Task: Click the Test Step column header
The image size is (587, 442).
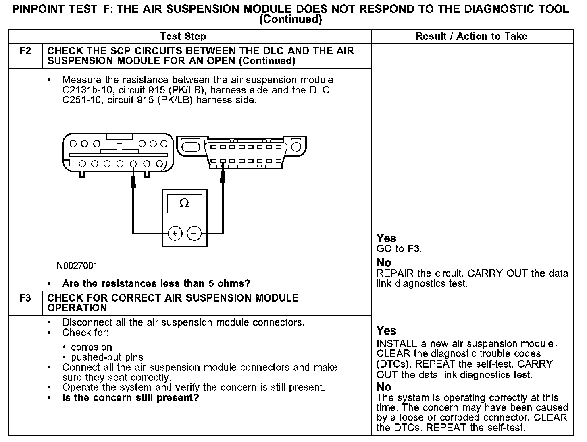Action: [183, 37]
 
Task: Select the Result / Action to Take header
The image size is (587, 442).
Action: [471, 37]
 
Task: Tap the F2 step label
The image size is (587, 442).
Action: [25, 51]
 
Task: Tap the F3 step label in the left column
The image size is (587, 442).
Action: [25, 298]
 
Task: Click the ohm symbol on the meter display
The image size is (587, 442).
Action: [184, 204]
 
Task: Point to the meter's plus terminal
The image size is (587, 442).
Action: [175, 233]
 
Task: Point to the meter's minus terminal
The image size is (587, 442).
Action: [194, 233]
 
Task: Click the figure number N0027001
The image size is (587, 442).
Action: [77, 266]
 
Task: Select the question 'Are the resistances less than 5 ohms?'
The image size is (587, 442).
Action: [156, 284]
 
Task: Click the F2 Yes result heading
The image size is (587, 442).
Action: [386, 238]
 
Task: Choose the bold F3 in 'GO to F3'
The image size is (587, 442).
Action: [414, 249]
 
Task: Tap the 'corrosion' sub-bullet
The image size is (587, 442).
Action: [92, 347]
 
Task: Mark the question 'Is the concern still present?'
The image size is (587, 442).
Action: [131, 398]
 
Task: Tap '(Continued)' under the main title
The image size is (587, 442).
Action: [291, 19]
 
